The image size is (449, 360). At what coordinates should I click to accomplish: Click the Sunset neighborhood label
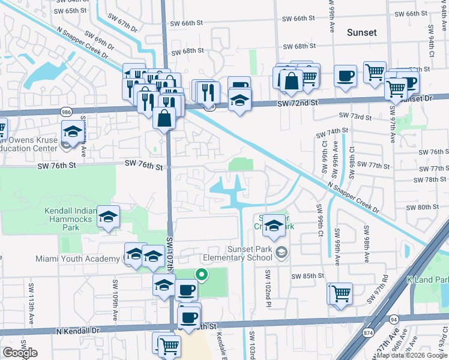tap(362, 32)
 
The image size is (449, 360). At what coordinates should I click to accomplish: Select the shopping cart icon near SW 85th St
tap(341, 293)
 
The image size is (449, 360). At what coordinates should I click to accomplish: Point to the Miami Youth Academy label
tap(77, 259)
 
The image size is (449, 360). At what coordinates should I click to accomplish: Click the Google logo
tap(20, 353)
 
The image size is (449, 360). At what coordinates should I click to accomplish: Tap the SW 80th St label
tap(423, 207)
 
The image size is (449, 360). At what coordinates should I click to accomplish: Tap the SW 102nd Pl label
tap(268, 286)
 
